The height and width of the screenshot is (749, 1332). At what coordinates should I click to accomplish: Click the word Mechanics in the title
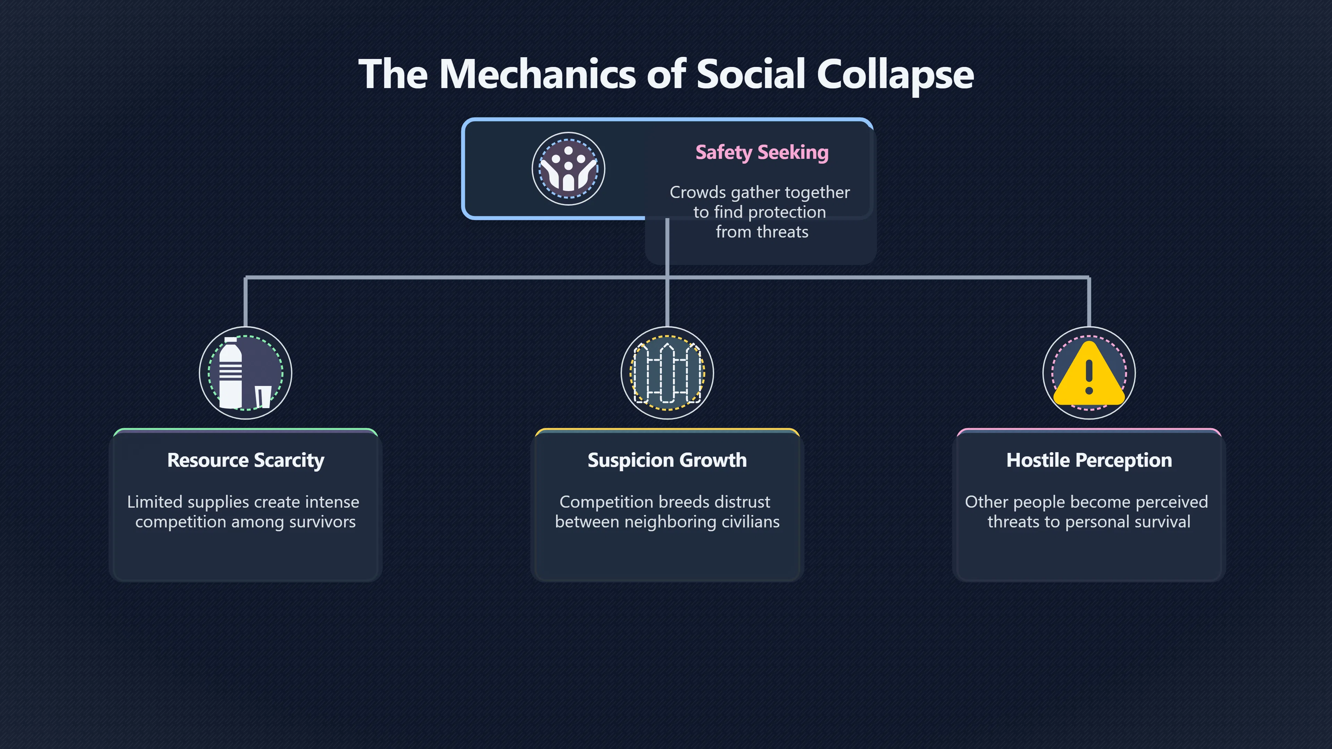pyautogui.click(x=537, y=74)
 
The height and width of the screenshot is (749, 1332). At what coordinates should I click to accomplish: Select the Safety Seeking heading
pyautogui.click(x=762, y=153)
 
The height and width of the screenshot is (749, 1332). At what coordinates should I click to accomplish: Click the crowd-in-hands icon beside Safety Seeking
pyautogui.click(x=568, y=169)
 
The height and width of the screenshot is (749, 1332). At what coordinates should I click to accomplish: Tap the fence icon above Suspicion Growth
pyautogui.click(x=667, y=373)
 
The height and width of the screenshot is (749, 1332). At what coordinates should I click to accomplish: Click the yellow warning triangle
pyautogui.click(x=1089, y=373)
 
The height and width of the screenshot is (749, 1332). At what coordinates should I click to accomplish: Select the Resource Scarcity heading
pyautogui.click(x=246, y=460)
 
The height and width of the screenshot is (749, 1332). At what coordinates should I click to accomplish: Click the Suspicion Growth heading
pyautogui.click(x=667, y=460)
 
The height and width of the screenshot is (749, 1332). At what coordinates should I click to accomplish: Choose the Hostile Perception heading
pyautogui.click(x=1089, y=460)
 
